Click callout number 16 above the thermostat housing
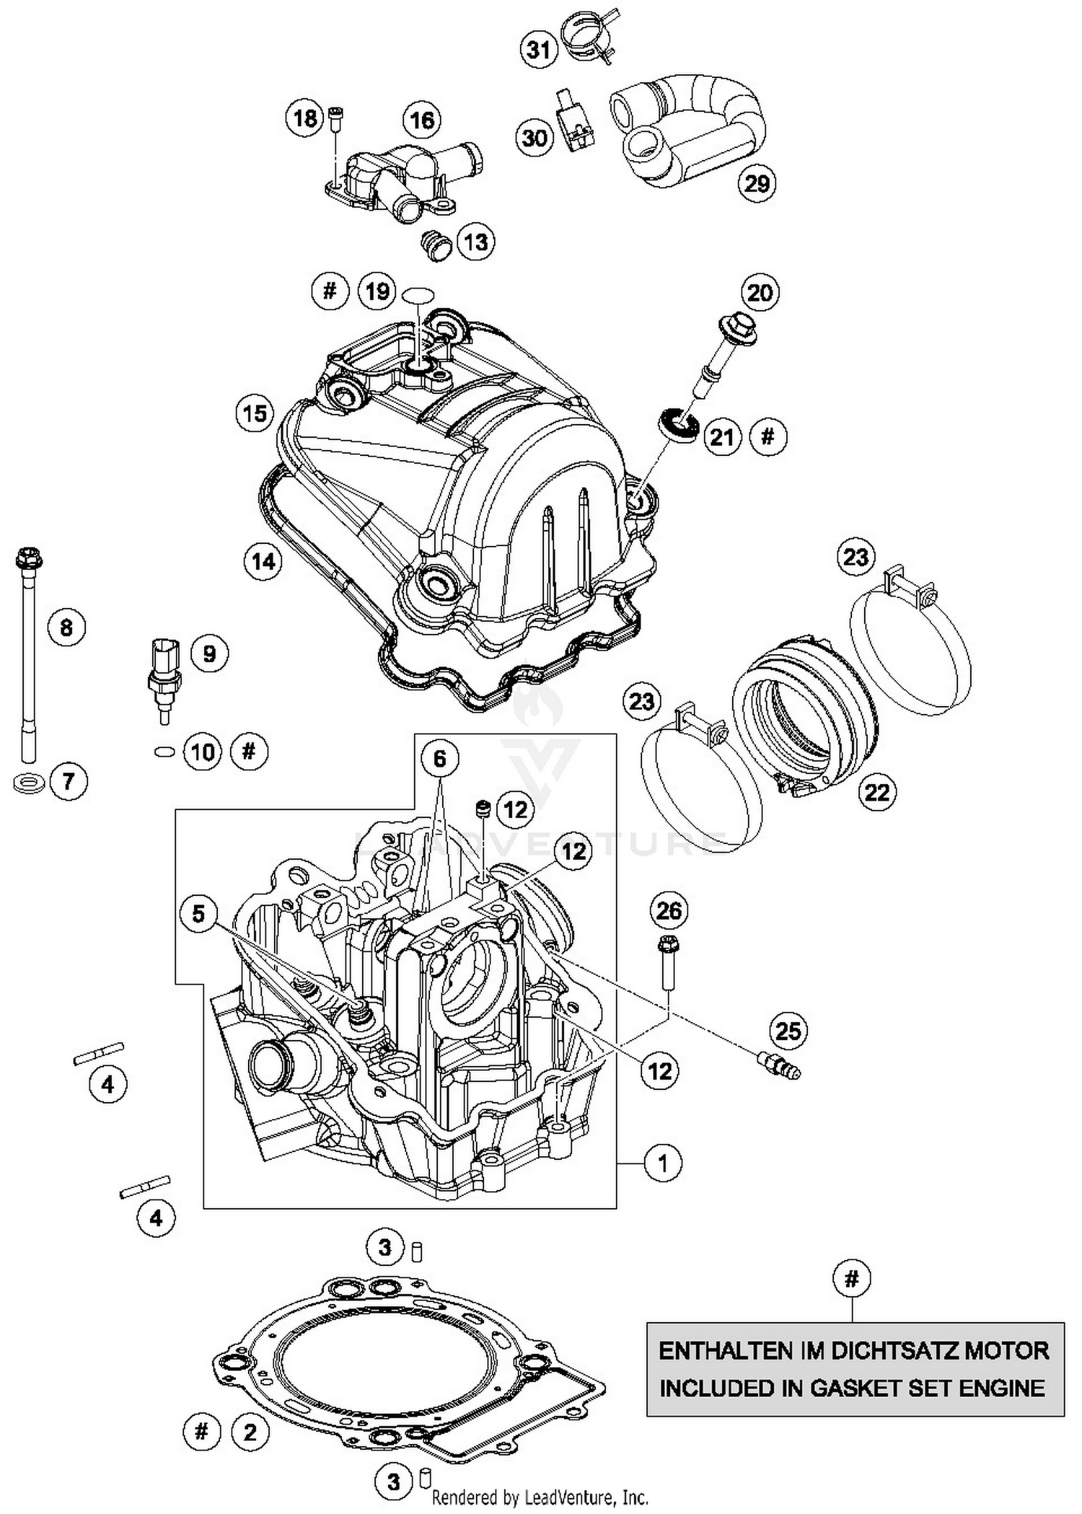pos(422,120)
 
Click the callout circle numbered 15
pos(255,414)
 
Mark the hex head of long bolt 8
pos(29,558)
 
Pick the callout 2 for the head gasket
pos(250,1432)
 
